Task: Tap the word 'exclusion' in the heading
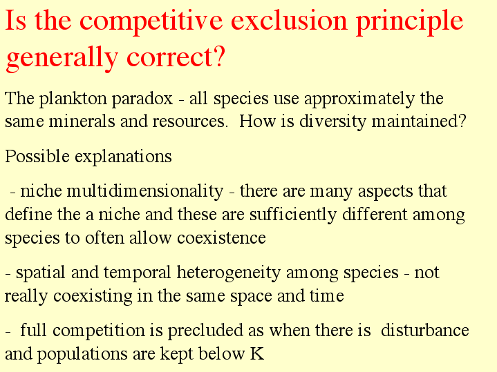click(290, 20)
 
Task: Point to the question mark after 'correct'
click(219, 56)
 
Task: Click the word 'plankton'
click(75, 99)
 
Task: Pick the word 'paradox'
click(142, 99)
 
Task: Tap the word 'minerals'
click(82, 121)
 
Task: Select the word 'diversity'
click(332, 122)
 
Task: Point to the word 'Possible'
click(37, 156)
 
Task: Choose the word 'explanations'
click(123, 157)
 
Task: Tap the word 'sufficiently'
click(293, 215)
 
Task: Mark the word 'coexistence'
click(221, 238)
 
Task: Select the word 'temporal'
click(138, 273)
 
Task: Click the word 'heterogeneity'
click(229, 273)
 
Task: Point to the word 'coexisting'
click(93, 297)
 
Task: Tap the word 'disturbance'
click(424, 331)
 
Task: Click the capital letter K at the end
click(257, 353)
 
